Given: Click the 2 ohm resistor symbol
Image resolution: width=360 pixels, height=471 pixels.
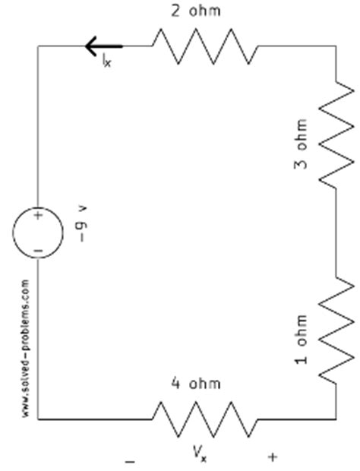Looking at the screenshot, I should (205, 46).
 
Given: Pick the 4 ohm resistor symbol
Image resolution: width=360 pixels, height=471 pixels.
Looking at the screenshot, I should (205, 419).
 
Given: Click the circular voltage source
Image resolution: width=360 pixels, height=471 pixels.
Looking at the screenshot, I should (38, 232).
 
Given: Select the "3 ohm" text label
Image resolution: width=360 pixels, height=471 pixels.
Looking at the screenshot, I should (302, 144).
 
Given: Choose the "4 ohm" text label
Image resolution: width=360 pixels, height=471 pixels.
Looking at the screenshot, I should (201, 384).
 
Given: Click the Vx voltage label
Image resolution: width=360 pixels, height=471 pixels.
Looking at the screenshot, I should (200, 454).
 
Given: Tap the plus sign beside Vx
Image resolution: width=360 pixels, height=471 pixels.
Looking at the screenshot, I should (273, 457).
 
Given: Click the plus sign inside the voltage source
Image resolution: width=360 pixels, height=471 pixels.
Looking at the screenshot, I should (38, 217).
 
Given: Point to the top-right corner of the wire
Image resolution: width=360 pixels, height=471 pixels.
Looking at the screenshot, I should (336, 46).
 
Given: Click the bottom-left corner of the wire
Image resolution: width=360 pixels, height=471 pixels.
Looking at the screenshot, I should (38, 419).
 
